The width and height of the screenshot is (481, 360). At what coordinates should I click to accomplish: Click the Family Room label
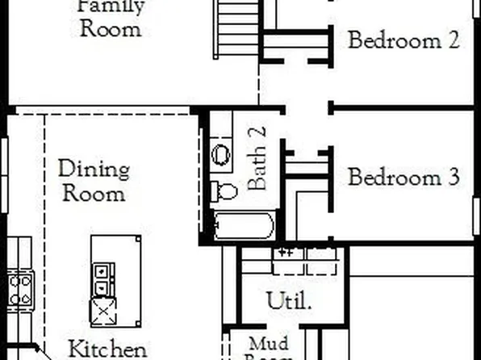[x=111, y=18]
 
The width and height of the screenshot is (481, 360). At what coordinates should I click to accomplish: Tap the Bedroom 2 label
[x=404, y=40]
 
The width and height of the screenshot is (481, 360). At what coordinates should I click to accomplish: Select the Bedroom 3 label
[x=404, y=177]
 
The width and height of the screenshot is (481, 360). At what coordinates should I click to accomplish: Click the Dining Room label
[x=94, y=182]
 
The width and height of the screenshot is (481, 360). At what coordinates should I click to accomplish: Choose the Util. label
[x=290, y=301]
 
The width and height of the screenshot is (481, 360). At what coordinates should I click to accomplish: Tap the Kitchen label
[x=107, y=350]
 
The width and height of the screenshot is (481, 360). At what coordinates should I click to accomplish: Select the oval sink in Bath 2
[x=221, y=155]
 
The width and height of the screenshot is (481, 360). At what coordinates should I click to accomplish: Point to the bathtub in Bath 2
[x=245, y=225]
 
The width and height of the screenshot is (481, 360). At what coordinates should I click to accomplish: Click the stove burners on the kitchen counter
[x=20, y=288]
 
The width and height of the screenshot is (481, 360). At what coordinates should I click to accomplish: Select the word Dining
[x=94, y=170]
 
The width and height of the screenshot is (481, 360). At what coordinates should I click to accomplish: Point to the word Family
[x=111, y=6]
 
